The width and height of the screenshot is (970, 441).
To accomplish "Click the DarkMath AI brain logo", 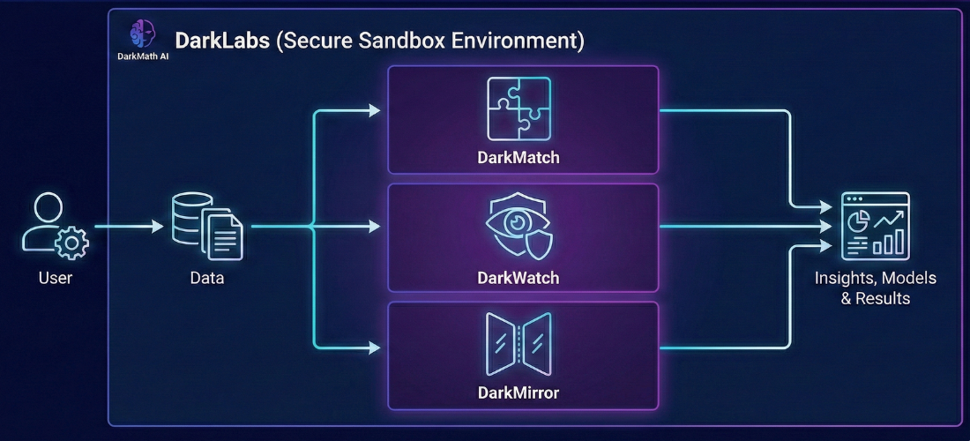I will pyautogui.click(x=142, y=34).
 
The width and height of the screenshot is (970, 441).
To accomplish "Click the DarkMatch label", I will pyautogui.click(x=519, y=159).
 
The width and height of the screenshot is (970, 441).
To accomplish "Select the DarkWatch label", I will pyautogui.click(x=519, y=278).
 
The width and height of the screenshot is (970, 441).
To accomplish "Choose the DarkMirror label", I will pyautogui.click(x=519, y=392).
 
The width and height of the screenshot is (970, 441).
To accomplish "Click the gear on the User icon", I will pyautogui.click(x=71, y=243).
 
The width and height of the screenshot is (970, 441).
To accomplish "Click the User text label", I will pyautogui.click(x=56, y=279).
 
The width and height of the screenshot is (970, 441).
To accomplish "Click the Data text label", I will pyautogui.click(x=207, y=279).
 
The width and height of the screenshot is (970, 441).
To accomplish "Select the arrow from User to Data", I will pyautogui.click(x=128, y=227).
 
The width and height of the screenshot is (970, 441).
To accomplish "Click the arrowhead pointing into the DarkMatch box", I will pyautogui.click(x=375, y=110).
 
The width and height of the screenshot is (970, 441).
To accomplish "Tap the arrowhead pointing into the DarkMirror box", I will pyautogui.click(x=375, y=348).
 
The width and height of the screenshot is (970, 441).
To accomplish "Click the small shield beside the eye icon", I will pyautogui.click(x=539, y=243).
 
